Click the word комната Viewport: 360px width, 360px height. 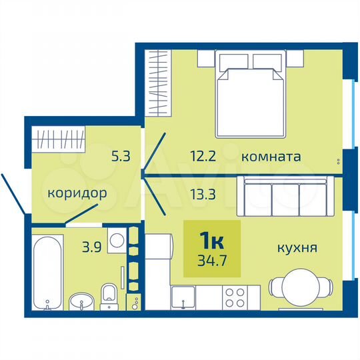(x=271, y=157)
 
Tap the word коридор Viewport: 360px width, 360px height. (x=77, y=194)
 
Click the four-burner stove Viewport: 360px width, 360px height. (x=236, y=297)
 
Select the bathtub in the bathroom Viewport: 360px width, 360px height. (x=48, y=271)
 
